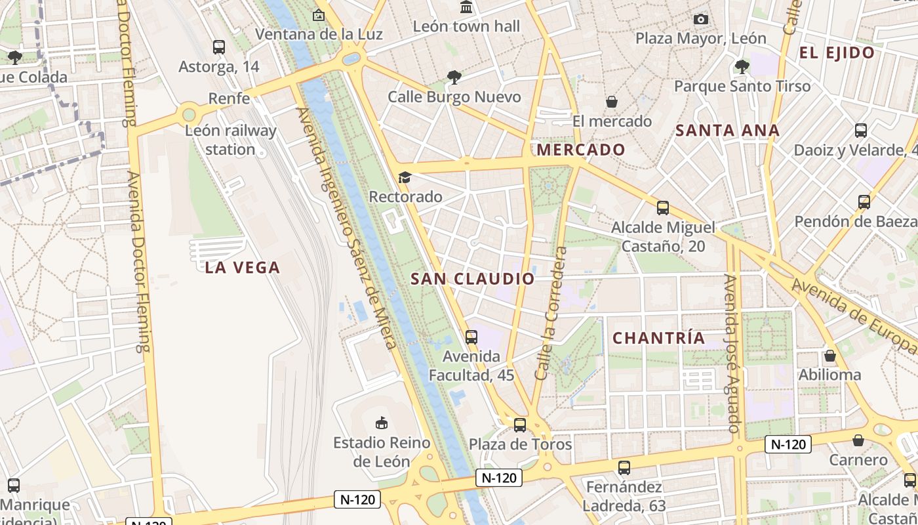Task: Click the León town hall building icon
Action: [466, 7]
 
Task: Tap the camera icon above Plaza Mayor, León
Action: [700, 20]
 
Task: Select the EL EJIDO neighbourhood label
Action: [837, 53]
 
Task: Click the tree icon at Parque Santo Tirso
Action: [742, 66]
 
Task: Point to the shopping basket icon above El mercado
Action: [611, 102]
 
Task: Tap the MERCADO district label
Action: [581, 150]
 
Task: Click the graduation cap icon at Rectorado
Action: [405, 177]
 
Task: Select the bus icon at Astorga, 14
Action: [218, 47]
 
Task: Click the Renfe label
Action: [229, 98]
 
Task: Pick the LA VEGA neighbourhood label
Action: [243, 267]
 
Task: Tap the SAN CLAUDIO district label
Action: [473, 279]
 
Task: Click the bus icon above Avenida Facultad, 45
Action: [471, 337]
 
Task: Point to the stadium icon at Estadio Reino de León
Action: [381, 423]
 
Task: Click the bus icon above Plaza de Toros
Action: [520, 425]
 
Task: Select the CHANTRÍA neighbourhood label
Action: [658, 338]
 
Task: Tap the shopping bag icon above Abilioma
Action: [829, 356]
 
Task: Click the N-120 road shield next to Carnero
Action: [788, 444]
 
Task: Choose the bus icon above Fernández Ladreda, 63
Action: [624, 468]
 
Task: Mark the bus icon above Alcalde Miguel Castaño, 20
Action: [663, 208]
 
